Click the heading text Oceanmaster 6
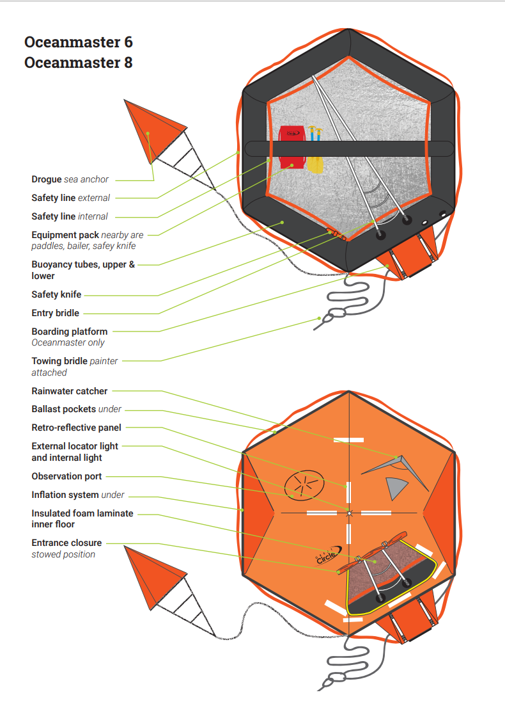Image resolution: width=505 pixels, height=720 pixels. pyautogui.click(x=78, y=42)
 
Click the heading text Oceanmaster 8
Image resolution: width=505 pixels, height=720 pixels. pyautogui.click(x=78, y=63)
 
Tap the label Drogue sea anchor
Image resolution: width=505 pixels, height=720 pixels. pyautogui.click(x=70, y=180)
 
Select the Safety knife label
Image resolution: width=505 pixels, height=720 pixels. pyautogui.click(x=56, y=295)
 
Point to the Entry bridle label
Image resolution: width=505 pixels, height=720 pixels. pyautogui.click(x=56, y=314)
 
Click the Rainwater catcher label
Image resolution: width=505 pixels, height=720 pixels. pyautogui.click(x=70, y=391)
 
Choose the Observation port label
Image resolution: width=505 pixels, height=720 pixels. pyautogui.click(x=66, y=477)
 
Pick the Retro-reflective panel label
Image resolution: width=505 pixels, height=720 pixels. pyautogui.click(x=76, y=428)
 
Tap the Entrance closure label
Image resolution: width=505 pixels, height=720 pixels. pyautogui.click(x=66, y=543)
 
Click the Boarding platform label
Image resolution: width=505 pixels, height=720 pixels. pyautogui.click(x=69, y=332)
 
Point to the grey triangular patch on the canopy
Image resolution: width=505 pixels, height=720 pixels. pyautogui.click(x=396, y=488)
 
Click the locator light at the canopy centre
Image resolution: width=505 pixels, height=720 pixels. pyautogui.click(x=349, y=513)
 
